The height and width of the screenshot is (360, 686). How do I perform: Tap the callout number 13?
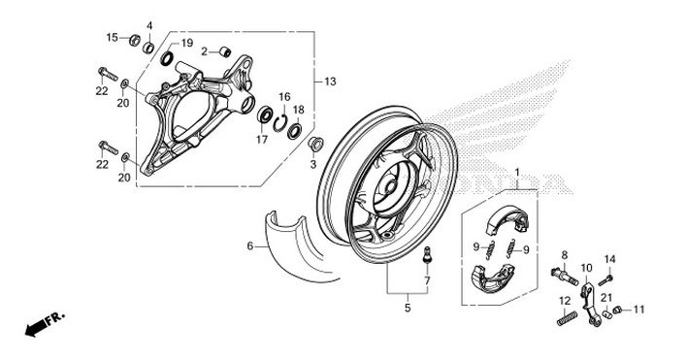click(x=330, y=82)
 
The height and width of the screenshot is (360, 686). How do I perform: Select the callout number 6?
click(x=249, y=246)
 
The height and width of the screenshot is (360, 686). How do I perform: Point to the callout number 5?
click(x=408, y=309)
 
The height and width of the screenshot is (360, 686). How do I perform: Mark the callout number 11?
click(x=638, y=310)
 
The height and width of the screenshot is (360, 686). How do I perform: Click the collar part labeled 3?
click(x=313, y=145)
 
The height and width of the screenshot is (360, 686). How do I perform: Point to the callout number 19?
click(x=187, y=44)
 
